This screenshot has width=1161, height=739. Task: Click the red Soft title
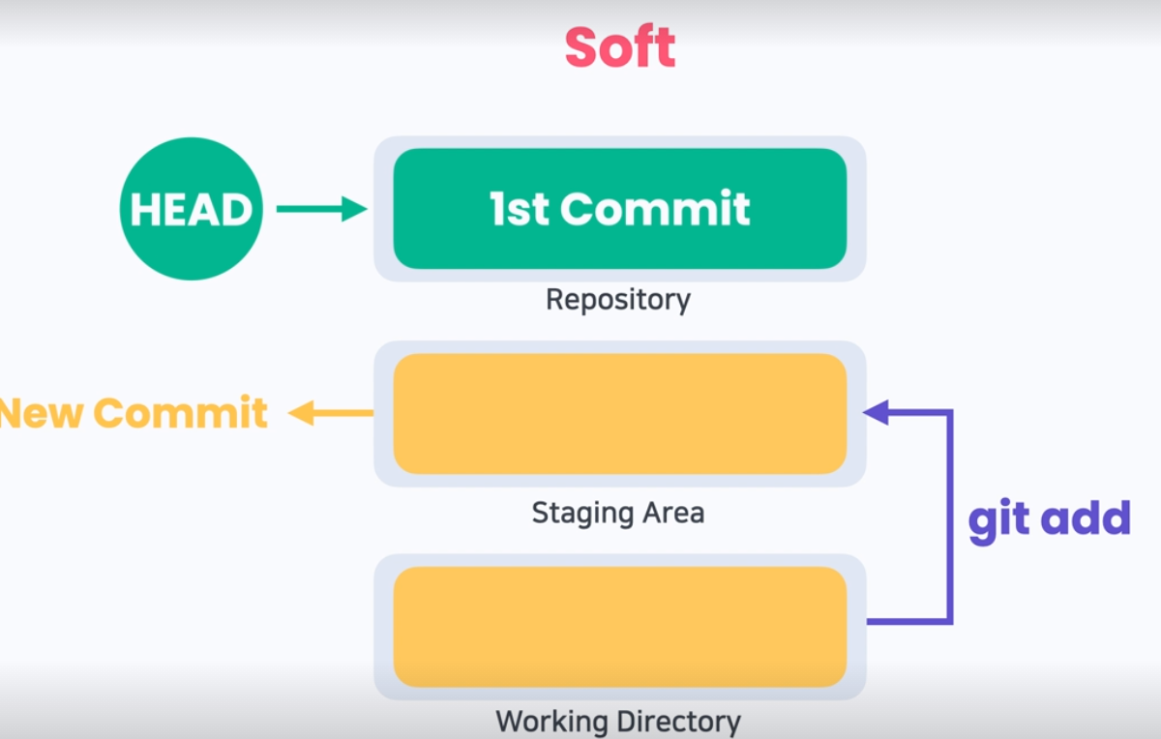[620, 47]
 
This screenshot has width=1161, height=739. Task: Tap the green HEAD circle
[192, 209]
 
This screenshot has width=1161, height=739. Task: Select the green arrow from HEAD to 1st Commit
[322, 209]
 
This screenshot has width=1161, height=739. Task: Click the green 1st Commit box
[620, 208]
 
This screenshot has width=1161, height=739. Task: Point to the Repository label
[618, 300]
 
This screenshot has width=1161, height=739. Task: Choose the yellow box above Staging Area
[620, 414]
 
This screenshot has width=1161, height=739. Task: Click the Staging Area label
[618, 514]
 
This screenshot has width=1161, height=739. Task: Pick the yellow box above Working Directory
[620, 627]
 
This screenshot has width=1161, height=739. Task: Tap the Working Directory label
[618, 722]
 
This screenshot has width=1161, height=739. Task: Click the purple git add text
[1049, 520]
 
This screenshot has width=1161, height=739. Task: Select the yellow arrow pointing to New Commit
[331, 413]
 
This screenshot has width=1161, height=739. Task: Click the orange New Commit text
[134, 413]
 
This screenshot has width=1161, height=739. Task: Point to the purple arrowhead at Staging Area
[876, 412]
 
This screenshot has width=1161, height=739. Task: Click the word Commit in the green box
[655, 208]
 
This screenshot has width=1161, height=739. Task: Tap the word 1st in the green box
[520, 208]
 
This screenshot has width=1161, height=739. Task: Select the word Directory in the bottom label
[679, 722]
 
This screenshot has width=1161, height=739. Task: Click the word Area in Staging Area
[673, 513]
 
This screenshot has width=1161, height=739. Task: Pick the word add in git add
[1086, 517]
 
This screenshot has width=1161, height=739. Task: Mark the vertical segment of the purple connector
[949, 517]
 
